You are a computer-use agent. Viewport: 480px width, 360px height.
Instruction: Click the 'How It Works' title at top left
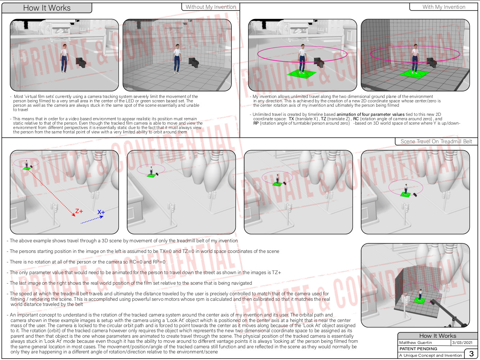[47, 8]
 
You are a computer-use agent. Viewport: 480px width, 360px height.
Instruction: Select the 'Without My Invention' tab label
[211, 7]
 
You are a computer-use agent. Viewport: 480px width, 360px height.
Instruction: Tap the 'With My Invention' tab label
[444, 7]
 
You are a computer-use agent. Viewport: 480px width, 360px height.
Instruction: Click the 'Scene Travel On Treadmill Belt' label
[436, 141]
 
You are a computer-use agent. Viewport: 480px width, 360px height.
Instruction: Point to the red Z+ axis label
[79, 211]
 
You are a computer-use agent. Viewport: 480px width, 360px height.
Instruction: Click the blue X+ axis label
[101, 212]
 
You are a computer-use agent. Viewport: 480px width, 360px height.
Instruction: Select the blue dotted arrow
[92, 220]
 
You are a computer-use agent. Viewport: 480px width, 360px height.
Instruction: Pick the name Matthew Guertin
[415, 342]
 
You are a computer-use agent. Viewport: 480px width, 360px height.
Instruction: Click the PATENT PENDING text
[418, 349]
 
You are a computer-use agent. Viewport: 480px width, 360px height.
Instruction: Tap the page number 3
[471, 354]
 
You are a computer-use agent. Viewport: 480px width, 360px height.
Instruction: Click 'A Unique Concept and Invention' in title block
[430, 355]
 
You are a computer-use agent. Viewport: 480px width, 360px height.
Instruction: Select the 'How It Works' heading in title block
[438, 336]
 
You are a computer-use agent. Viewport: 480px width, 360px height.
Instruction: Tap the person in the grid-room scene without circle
[177, 58]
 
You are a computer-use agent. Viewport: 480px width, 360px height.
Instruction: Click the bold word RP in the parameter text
[256, 123]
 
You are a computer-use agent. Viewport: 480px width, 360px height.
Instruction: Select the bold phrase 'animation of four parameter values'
[370, 114]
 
